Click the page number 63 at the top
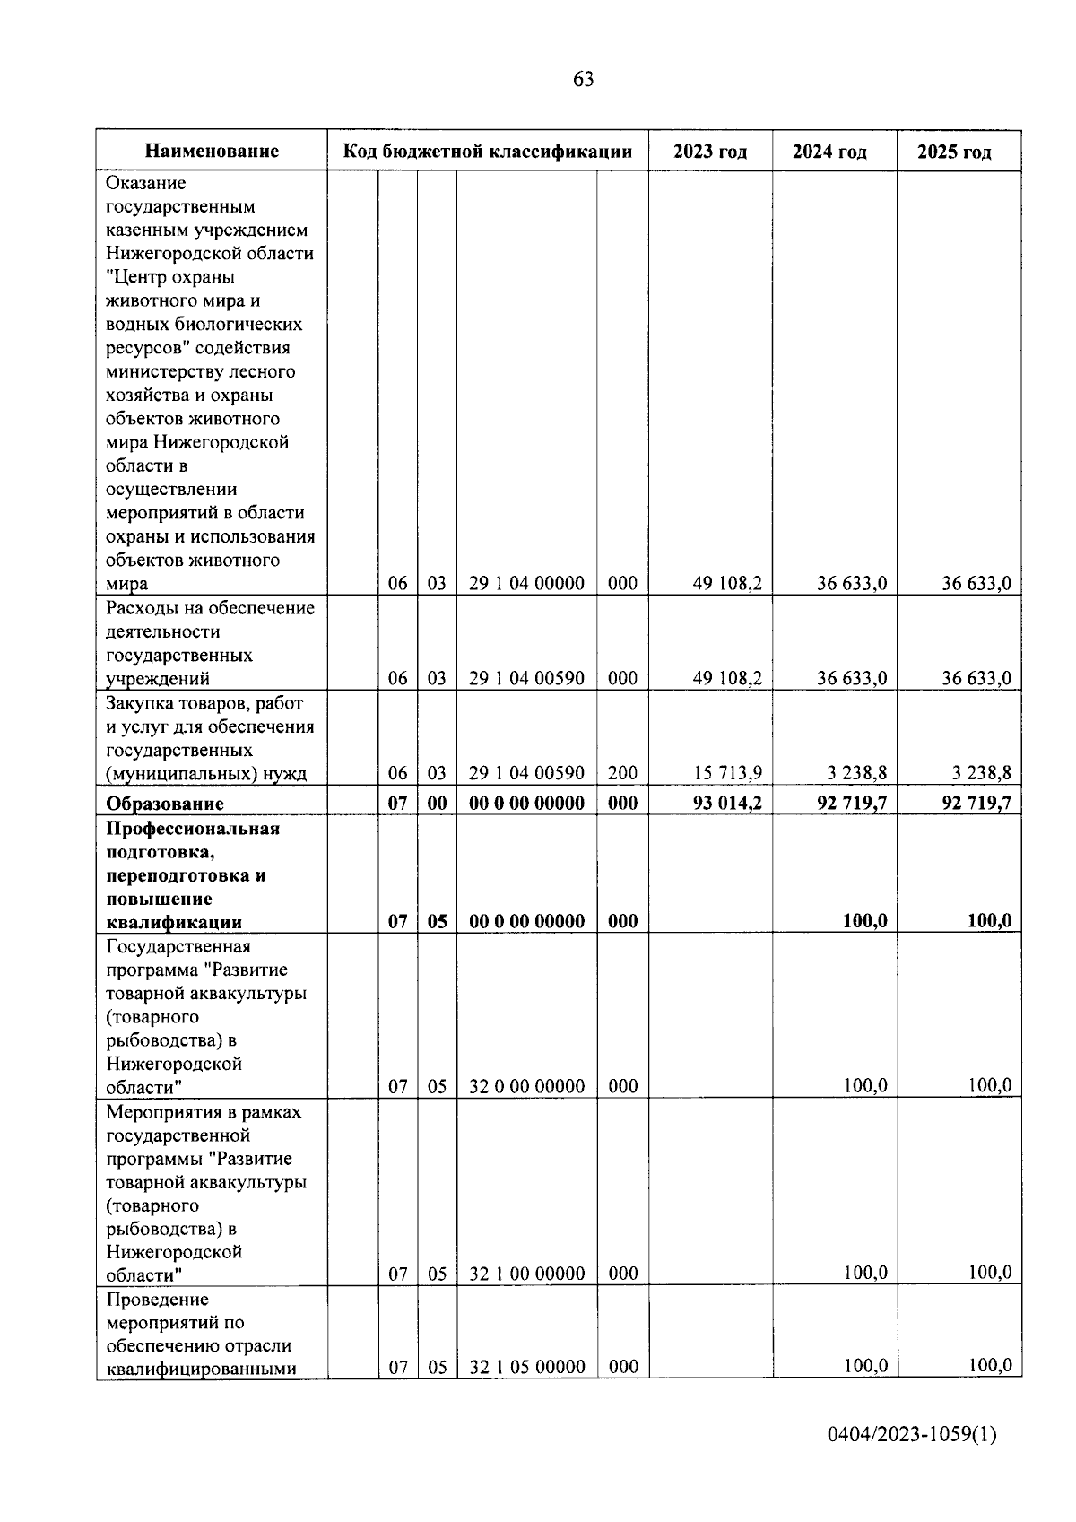pos(583,79)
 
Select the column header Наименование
pos(212,152)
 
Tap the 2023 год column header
pos(709,152)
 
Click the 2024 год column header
pos(829,152)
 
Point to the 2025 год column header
pos(954,152)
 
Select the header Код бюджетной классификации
pos(488,152)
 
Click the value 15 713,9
pos(727,773)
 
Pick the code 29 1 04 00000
pos(526,584)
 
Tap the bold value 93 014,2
pos(727,803)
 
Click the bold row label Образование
pos(165,804)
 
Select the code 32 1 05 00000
pos(526,1367)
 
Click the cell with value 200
pos(622,773)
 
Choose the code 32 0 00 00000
pos(526,1086)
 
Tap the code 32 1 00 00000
pos(526,1274)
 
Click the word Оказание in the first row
pos(146,183)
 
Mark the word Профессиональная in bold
pos(193,828)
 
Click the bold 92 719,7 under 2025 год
pos(976,803)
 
